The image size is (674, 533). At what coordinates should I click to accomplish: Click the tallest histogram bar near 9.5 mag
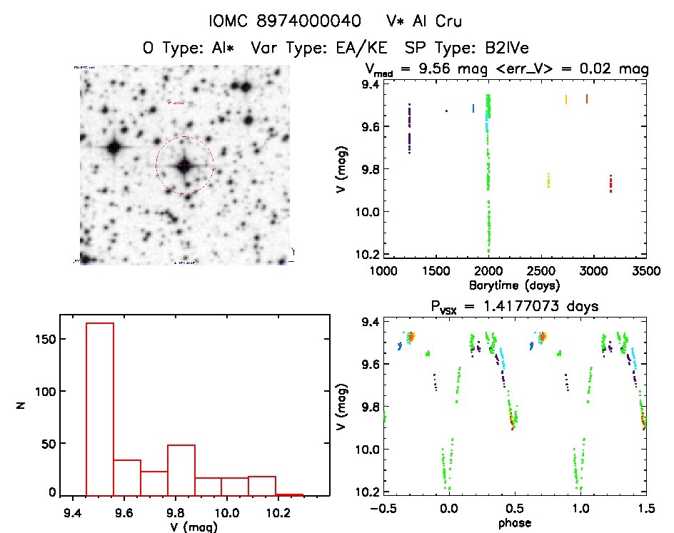[100, 409]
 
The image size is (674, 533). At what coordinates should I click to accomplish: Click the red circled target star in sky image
[184, 165]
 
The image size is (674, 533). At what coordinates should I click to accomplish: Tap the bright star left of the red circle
[114, 148]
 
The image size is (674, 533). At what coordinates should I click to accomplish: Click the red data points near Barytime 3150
[611, 183]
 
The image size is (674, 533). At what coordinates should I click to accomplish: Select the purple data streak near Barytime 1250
[409, 129]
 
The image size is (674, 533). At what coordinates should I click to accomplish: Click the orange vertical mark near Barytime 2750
[566, 100]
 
